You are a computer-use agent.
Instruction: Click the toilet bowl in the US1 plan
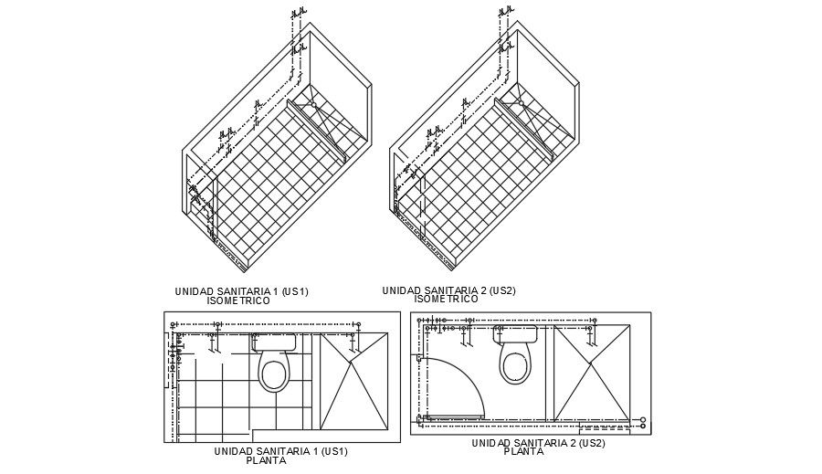(274, 373)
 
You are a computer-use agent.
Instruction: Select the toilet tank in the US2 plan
(516, 334)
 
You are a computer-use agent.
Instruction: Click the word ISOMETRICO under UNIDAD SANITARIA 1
(238, 300)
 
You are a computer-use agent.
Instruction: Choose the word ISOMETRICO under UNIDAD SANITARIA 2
(446, 299)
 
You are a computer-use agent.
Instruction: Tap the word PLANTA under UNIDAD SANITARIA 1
(266, 460)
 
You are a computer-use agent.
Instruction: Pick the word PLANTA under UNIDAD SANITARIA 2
(523, 451)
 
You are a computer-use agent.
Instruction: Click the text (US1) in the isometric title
(295, 291)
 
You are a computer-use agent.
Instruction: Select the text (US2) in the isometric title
(501, 290)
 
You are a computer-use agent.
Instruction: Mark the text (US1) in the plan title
(332, 451)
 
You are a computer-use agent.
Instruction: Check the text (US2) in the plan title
(590, 443)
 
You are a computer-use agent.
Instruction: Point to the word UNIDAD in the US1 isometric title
(194, 291)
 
